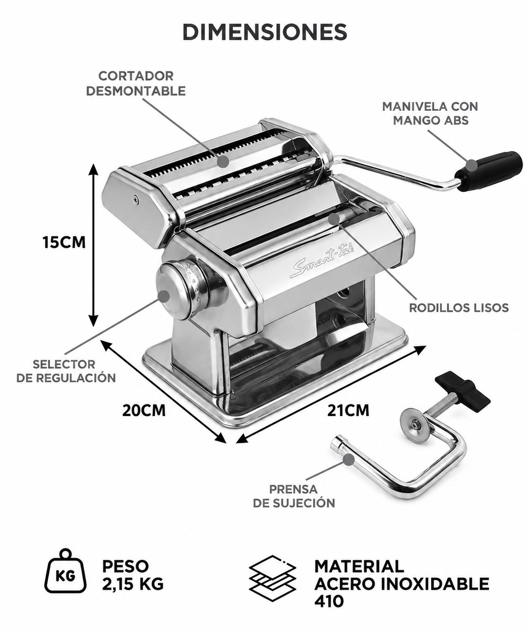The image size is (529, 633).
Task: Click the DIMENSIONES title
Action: click(x=265, y=32)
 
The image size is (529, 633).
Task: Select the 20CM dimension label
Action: click(x=144, y=410)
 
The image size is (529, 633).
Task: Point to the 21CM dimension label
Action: click(x=348, y=410)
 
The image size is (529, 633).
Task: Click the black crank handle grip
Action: click(x=489, y=171)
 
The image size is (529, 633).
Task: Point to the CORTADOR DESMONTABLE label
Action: click(x=136, y=84)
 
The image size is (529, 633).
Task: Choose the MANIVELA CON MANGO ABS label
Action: click(x=430, y=114)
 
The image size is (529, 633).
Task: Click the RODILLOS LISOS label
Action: click(x=459, y=307)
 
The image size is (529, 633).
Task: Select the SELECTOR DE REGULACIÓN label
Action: click(x=65, y=371)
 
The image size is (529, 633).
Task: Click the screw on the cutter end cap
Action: click(x=135, y=199)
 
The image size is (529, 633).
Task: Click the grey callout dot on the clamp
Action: click(x=349, y=459)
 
